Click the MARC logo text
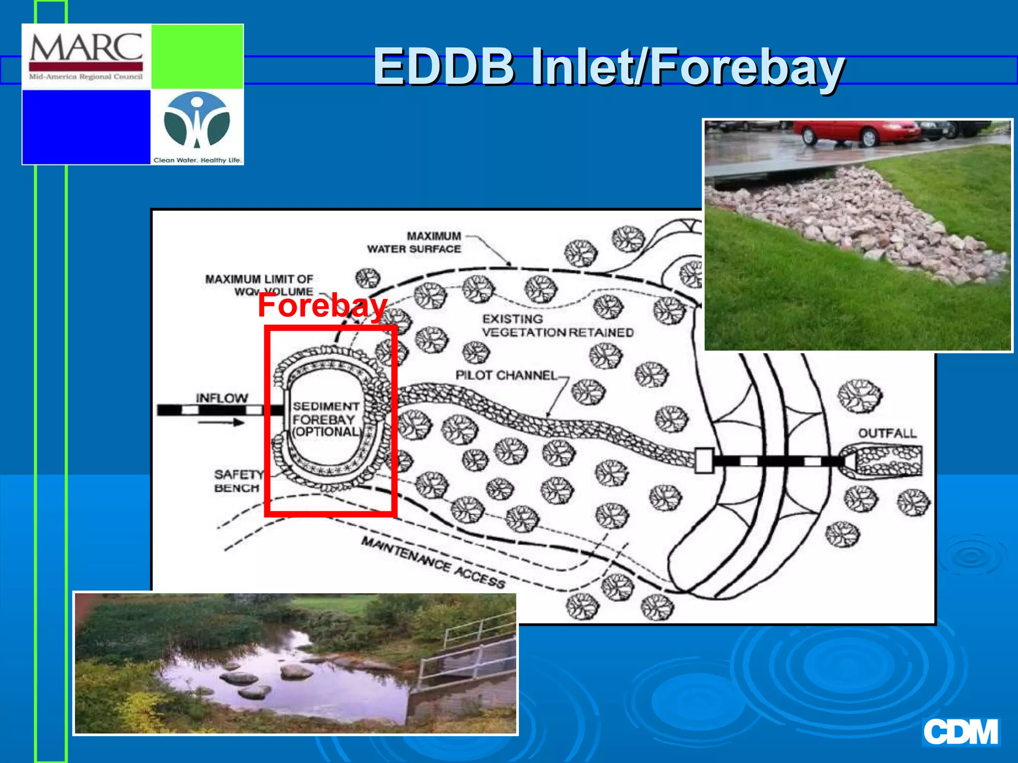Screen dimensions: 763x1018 tap(86, 49)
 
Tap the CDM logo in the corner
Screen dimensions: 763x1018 tap(960, 732)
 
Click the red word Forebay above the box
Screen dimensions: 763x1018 tap(322, 305)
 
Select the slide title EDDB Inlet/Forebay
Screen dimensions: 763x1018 tap(608, 67)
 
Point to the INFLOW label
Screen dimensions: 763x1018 tap(221, 398)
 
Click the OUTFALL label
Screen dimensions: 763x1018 tap(887, 433)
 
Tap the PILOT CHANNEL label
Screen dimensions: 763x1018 tap(506, 375)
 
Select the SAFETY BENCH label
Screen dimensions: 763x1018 tap(238, 481)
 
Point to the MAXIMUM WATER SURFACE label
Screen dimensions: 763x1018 tap(414, 242)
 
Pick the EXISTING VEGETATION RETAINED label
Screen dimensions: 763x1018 tap(557, 326)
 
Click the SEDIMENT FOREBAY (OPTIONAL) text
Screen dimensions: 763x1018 tap(326, 419)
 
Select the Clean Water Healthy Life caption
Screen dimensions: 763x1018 tap(197, 160)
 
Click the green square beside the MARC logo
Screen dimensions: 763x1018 tap(197, 57)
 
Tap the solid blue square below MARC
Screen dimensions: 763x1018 tap(86, 127)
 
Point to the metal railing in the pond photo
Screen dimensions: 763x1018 tap(472, 646)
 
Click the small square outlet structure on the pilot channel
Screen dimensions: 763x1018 tap(704, 460)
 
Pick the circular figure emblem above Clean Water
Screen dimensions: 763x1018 tap(197, 121)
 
